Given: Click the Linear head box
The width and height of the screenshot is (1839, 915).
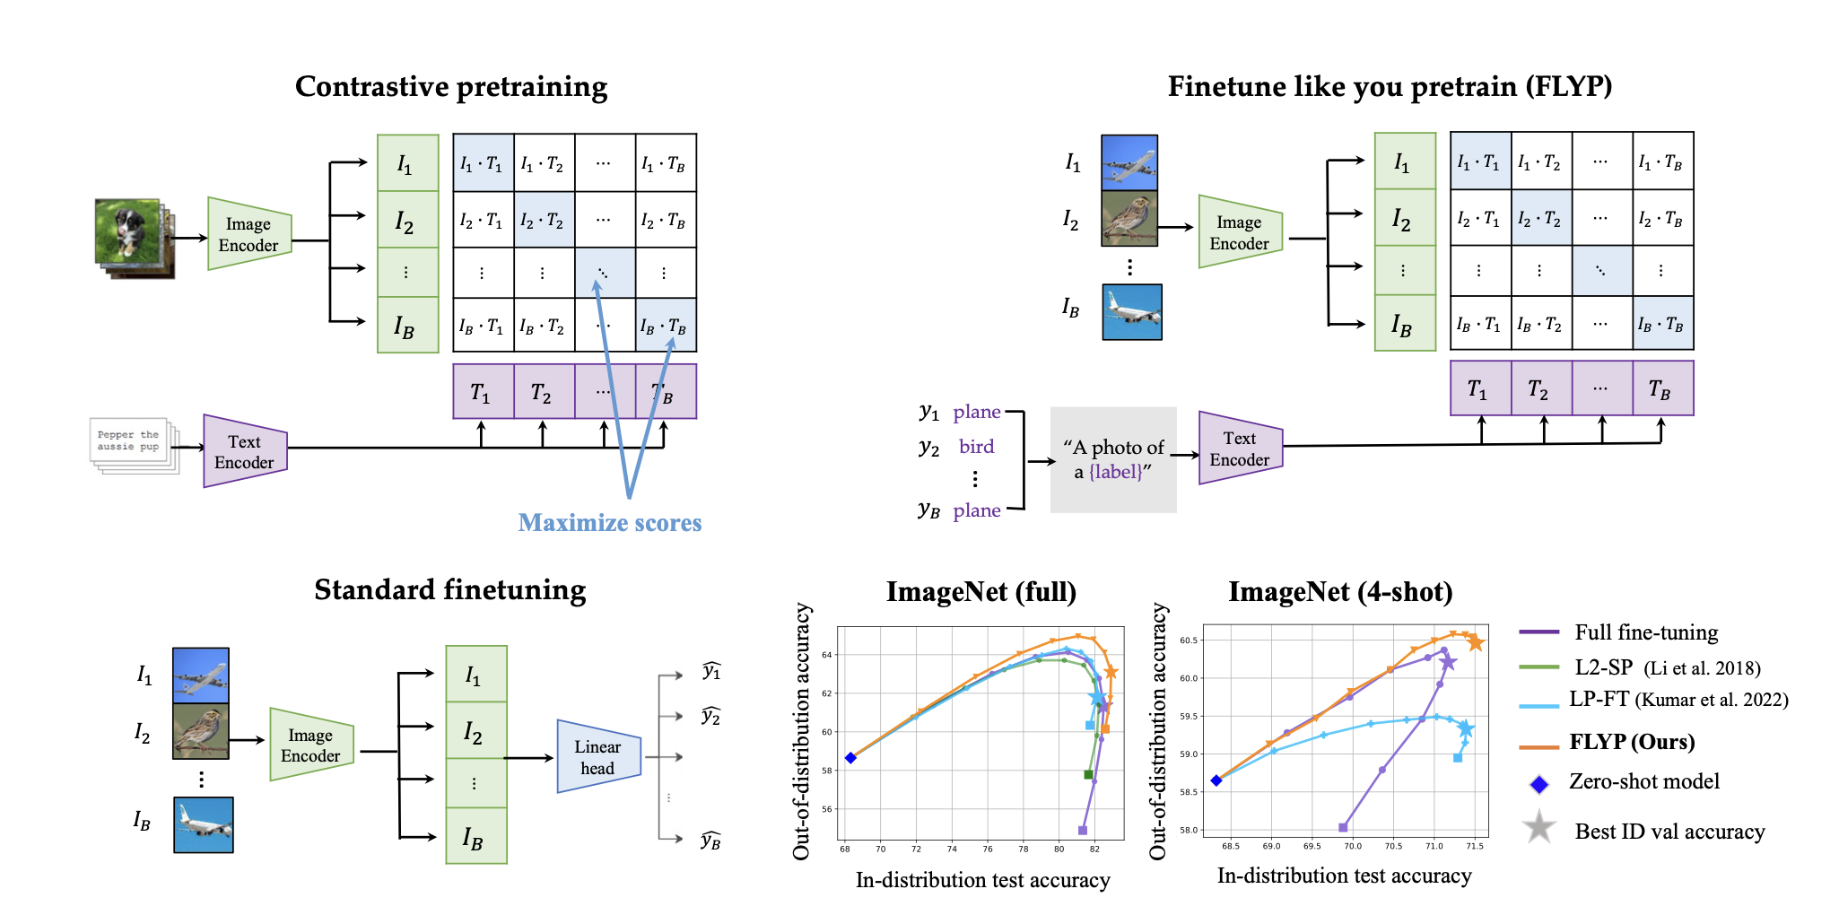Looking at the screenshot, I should tap(598, 757).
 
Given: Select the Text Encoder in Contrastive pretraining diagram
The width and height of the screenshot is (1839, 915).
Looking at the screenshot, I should tap(245, 451).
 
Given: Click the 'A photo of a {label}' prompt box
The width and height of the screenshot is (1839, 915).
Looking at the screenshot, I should tap(1113, 459).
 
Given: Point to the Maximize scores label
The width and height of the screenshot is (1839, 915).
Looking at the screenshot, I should tap(610, 523).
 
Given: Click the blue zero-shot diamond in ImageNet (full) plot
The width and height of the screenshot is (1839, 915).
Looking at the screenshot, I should tap(850, 758).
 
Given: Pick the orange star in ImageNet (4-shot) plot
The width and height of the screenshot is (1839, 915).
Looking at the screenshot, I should tap(1475, 642).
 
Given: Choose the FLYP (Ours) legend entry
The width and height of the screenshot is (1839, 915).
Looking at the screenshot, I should tap(1631, 742).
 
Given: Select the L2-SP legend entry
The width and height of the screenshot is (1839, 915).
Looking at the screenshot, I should tap(1603, 667).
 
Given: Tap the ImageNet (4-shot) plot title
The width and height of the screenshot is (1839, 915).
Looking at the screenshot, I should tap(1339, 592).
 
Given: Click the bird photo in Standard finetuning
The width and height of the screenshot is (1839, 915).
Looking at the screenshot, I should tap(201, 731).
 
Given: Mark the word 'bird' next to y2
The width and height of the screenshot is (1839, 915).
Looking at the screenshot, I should tap(976, 447).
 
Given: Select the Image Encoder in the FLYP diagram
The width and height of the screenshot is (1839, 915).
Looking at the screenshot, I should tap(1240, 232).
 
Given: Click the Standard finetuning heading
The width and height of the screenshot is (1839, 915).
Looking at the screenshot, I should tap(449, 590).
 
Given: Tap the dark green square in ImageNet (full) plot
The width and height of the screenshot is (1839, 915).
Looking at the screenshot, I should tap(1088, 774).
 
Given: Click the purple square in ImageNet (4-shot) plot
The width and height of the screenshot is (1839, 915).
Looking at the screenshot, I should tap(1343, 827).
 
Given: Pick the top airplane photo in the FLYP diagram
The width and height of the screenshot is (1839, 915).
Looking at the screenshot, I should tap(1129, 162).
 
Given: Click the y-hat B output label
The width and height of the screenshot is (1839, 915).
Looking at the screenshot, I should tap(710, 841).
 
